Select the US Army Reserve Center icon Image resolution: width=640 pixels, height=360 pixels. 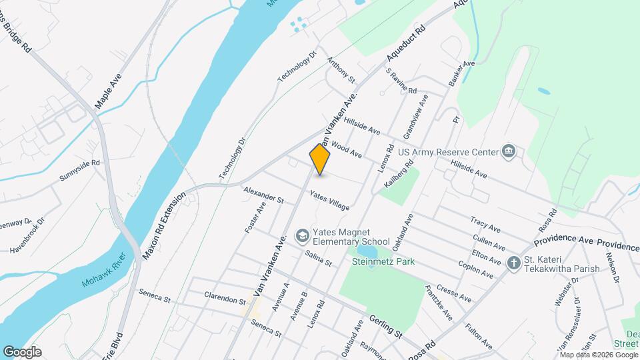[509, 152]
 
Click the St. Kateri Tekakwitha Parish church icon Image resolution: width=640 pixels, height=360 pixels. [513, 263]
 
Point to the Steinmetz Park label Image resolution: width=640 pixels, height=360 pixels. [383, 261]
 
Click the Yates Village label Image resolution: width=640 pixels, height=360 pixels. [329, 201]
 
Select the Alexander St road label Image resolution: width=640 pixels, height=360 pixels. [263, 195]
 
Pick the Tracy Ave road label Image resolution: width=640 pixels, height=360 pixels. [485, 221]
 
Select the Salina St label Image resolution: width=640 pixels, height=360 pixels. [318, 259]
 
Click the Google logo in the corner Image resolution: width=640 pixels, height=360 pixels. [21, 352]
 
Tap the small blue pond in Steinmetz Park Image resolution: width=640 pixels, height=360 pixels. [365, 251]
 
